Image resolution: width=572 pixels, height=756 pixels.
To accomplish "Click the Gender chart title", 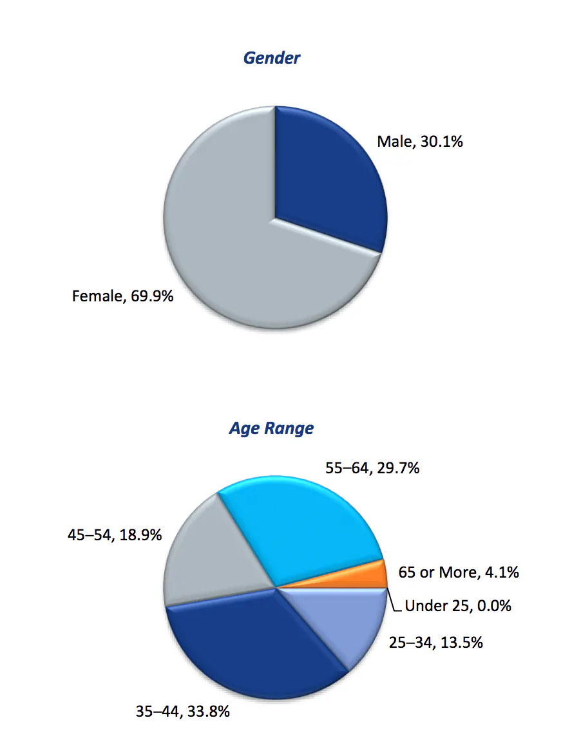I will click(271, 58).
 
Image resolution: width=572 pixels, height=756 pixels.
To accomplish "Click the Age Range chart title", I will click(271, 428).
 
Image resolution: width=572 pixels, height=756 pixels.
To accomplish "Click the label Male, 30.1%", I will click(420, 141).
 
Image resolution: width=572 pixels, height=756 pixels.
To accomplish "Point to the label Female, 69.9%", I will click(122, 296).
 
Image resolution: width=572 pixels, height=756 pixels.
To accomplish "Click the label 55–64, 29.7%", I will click(372, 468).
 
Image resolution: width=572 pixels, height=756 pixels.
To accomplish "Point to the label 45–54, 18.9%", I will click(114, 534).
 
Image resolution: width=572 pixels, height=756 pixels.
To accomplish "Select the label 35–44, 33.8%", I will click(183, 712).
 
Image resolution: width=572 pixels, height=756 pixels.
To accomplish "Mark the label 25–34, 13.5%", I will click(435, 642).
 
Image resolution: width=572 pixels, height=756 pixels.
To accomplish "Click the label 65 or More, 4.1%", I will click(459, 572).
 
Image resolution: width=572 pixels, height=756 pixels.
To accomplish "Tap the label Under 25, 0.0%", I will click(458, 606).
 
